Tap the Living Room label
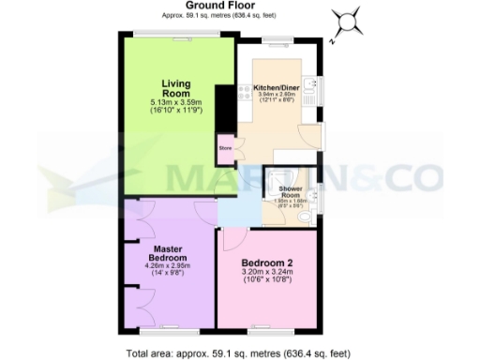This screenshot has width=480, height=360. pos(176,89)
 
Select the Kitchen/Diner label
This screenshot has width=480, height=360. pos(277,88)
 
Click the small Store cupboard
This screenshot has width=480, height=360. pos(225,148)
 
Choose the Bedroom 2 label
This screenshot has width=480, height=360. pos(268,262)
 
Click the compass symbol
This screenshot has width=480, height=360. pos(348,21)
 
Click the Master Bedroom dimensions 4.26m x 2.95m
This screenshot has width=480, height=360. pos(168,266)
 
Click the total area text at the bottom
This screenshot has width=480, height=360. pos(238,353)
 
